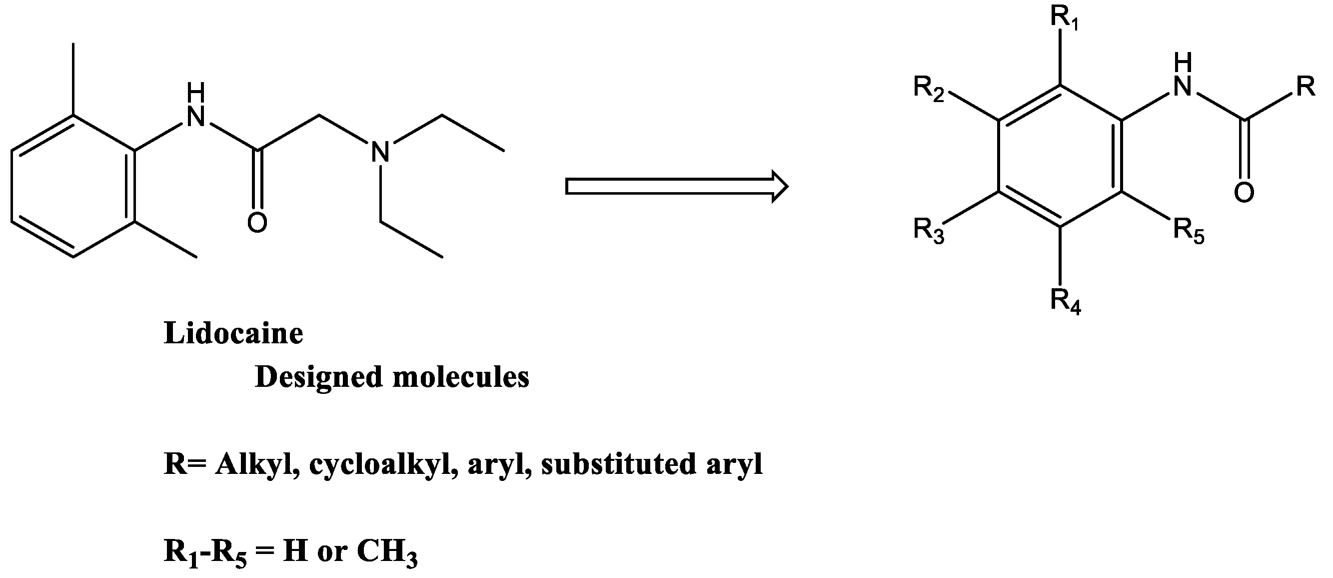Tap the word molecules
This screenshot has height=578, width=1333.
461,377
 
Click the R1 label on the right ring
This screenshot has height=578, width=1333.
1064,20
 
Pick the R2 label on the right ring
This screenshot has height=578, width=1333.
929,89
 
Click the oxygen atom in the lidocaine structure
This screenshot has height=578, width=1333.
257,223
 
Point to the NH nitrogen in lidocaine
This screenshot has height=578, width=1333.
196,117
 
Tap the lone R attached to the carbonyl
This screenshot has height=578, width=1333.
1306,87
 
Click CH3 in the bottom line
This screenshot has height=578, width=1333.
387,552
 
